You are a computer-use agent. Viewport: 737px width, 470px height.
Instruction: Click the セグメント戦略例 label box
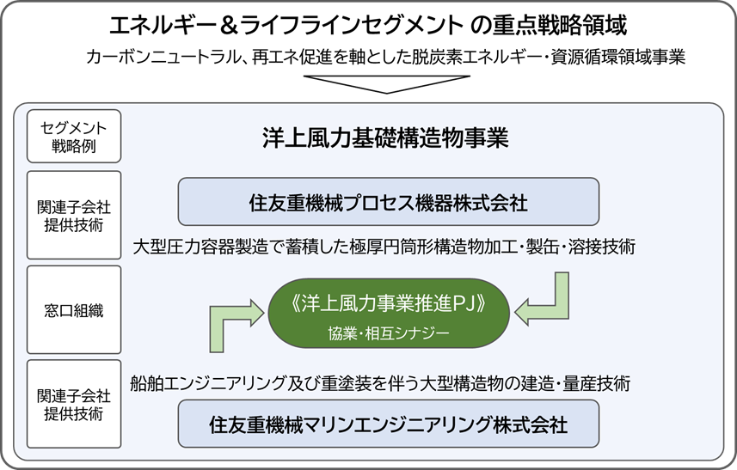tap(74, 136)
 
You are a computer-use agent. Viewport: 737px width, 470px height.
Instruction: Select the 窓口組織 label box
tap(74, 310)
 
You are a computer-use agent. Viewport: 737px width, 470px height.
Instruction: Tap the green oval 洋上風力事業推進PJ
tap(389, 313)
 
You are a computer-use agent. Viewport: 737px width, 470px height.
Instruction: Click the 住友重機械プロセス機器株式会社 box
tap(388, 201)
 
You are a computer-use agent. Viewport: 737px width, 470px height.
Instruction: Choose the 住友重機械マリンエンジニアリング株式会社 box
tap(388, 424)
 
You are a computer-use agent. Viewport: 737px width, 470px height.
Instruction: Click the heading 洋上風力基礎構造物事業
tap(385, 138)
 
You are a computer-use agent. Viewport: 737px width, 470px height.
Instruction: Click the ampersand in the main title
tap(228, 26)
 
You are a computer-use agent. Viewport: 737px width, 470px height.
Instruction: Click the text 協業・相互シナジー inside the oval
tap(389, 334)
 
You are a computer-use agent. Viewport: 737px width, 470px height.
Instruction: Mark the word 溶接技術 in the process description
tap(602, 247)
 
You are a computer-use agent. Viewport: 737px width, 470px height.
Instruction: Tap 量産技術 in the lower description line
tap(597, 383)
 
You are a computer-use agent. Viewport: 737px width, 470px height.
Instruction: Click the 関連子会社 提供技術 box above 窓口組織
tap(74, 215)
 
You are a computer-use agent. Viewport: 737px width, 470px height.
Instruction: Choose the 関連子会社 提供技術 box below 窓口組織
tap(74, 404)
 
